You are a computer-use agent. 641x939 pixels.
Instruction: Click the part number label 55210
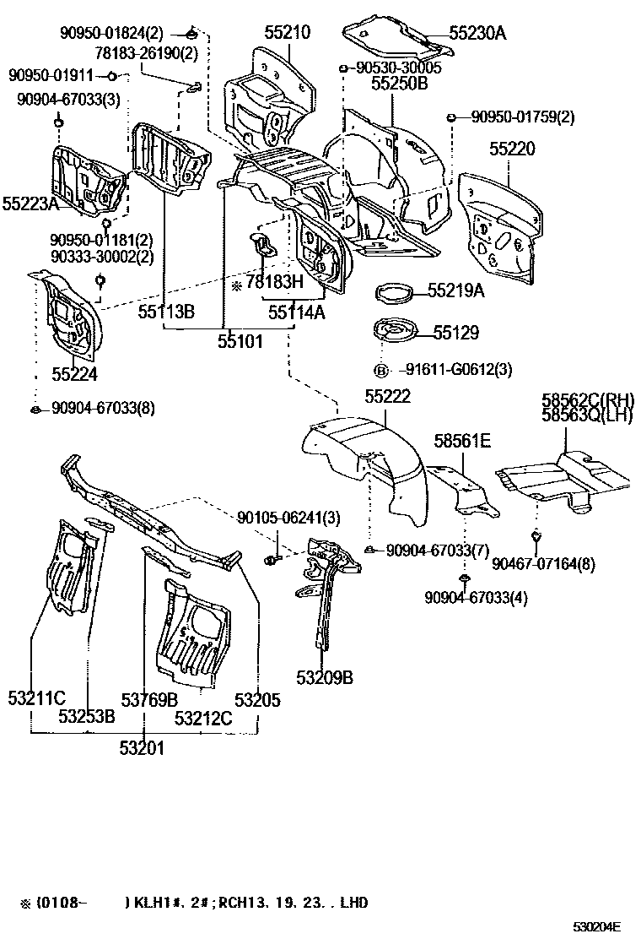pyautogui.click(x=286, y=33)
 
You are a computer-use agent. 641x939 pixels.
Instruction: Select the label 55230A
pyautogui.click(x=477, y=33)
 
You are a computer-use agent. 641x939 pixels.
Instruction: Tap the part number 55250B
pyautogui.click(x=400, y=83)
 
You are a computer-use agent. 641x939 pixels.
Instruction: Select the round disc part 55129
pyautogui.click(x=396, y=332)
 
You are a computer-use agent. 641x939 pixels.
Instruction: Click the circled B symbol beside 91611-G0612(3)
pyautogui.click(x=380, y=370)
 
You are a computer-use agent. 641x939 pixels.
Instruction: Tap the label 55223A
pyautogui.click(x=30, y=204)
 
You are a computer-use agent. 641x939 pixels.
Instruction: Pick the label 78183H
pyautogui.click(x=273, y=284)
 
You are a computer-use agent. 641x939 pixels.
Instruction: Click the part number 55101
pyautogui.click(x=240, y=341)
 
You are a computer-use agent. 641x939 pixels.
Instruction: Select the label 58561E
pyautogui.click(x=462, y=440)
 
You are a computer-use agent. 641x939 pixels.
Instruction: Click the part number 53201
pyautogui.click(x=142, y=747)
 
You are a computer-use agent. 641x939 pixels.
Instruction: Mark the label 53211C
pyautogui.click(x=37, y=698)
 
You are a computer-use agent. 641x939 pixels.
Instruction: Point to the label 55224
pyautogui.click(x=74, y=372)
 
